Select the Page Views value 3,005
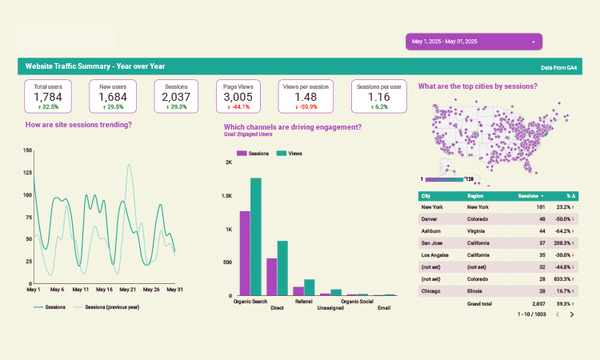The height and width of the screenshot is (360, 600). [x=238, y=97]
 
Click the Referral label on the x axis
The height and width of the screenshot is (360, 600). [x=304, y=302]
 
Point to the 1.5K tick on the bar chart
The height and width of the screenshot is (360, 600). [x=227, y=196]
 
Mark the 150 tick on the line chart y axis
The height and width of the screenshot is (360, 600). [x=27, y=150]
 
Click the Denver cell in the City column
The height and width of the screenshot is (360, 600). [x=430, y=218]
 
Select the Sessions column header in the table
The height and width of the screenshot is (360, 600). [x=530, y=196]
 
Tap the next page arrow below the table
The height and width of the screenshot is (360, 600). [x=572, y=315]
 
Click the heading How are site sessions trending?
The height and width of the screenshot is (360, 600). [x=78, y=125]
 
